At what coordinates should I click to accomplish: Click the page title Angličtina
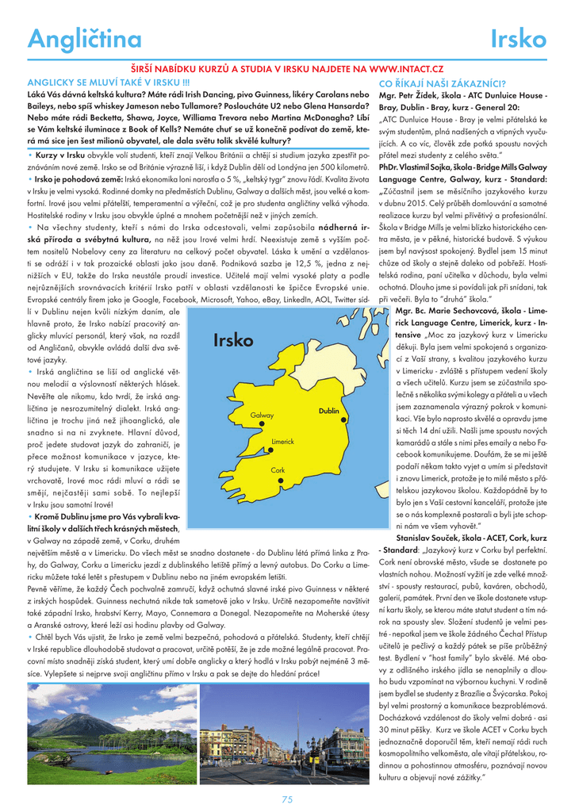pos(84,39)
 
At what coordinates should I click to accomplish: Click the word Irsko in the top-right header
pos(519,39)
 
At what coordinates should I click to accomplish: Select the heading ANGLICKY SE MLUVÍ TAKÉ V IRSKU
pos(108,82)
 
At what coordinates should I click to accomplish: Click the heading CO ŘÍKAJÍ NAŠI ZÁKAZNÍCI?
pos(443,82)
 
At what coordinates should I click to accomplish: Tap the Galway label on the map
pos(262,416)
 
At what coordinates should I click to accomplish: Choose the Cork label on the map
pos(278,470)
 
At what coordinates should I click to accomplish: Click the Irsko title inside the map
pos(233,341)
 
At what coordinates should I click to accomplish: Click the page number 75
pos(287,799)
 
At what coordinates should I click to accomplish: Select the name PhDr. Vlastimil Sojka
pos(421,167)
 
